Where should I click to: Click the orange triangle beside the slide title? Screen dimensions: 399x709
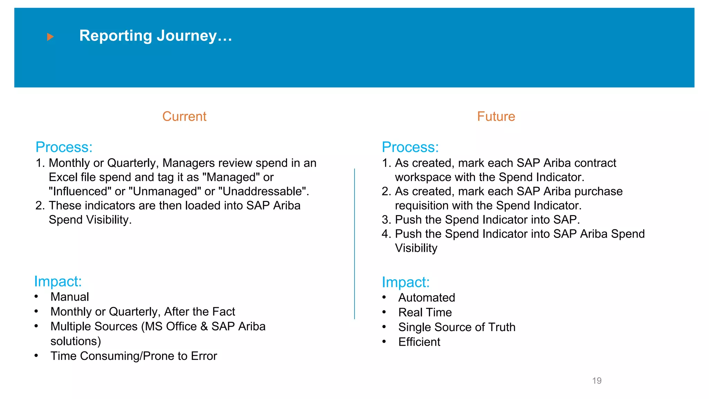pos(50,37)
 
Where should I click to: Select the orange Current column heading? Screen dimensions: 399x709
pos(184,116)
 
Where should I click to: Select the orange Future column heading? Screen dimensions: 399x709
pos(496,116)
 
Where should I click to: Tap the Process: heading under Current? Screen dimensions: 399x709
pos(64,147)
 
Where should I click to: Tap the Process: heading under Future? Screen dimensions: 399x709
pos(410,147)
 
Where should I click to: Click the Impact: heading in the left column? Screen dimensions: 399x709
pos(58,281)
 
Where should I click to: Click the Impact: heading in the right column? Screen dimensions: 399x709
pos(405,282)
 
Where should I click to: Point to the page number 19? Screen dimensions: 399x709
pos(596,381)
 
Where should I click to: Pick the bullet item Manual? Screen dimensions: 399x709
pos(70,297)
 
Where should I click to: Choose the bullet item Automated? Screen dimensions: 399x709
pos(427,298)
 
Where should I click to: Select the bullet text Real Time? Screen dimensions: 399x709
pos(425,312)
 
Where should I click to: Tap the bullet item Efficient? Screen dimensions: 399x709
pos(419,342)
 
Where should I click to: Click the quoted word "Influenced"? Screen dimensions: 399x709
pos(80,192)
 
